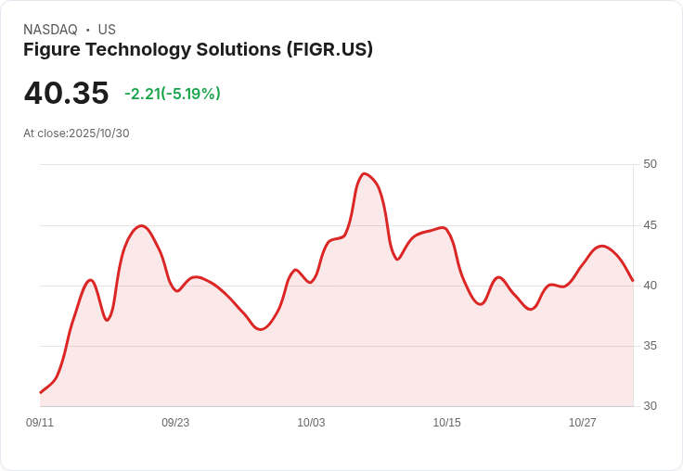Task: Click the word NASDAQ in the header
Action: point(50,30)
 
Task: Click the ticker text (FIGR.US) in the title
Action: point(329,50)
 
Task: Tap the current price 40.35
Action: point(66,94)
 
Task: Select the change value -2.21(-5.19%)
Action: point(173,94)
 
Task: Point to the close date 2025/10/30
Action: point(98,134)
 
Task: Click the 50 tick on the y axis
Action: point(650,164)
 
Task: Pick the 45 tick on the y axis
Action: point(650,225)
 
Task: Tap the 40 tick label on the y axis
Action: point(650,286)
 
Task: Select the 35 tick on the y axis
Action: point(650,346)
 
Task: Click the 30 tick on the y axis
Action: point(650,406)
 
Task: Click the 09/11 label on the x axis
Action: point(40,423)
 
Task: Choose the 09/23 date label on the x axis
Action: point(175,423)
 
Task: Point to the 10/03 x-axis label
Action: point(311,423)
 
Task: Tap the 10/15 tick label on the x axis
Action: point(446,423)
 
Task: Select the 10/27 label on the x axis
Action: point(582,423)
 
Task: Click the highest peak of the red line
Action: point(364,173)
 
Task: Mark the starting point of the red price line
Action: point(40,393)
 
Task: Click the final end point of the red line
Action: point(633,281)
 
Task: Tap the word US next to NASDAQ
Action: point(107,30)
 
